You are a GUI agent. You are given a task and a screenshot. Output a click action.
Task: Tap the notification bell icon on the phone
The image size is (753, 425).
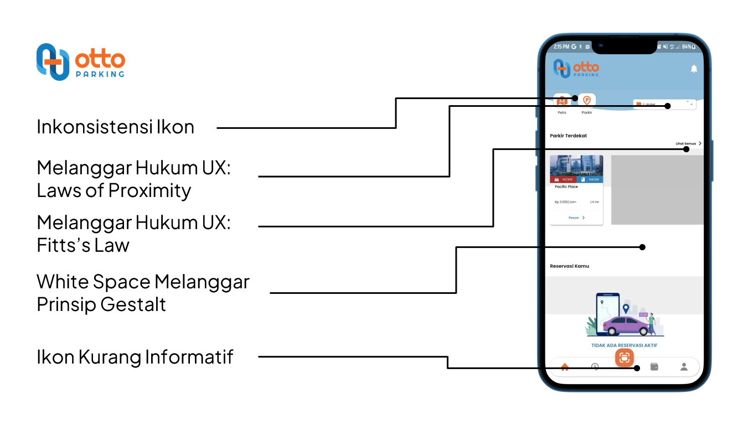click(x=694, y=69)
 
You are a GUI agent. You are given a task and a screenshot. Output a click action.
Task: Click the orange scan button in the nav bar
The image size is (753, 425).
click(x=625, y=357)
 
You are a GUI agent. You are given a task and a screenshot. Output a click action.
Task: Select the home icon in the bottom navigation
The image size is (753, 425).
click(x=565, y=367)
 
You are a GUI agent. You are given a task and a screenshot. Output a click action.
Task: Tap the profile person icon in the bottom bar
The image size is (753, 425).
click(x=684, y=366)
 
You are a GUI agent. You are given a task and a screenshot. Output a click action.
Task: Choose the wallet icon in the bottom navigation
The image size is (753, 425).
click(x=654, y=366)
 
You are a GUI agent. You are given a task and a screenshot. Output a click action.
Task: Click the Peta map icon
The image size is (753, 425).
click(x=562, y=101)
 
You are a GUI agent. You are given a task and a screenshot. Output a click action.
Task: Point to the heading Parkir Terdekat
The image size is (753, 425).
click(x=568, y=136)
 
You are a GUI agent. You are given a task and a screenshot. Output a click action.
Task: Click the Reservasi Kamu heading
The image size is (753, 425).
click(x=569, y=266)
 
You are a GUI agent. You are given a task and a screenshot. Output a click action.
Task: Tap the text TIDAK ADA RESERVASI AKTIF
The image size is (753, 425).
click(x=624, y=346)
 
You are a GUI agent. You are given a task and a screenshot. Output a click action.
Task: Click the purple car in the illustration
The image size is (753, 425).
click(x=625, y=326)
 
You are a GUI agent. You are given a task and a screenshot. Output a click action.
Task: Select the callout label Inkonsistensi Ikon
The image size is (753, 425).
click(x=115, y=127)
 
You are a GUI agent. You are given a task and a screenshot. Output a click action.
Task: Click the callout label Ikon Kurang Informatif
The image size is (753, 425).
click(x=135, y=357)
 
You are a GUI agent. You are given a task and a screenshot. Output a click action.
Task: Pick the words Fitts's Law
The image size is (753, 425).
click(x=83, y=245)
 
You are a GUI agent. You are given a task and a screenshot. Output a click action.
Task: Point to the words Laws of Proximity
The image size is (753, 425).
click(x=114, y=190)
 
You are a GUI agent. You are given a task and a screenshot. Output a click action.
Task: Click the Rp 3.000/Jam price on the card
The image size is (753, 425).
click(x=565, y=202)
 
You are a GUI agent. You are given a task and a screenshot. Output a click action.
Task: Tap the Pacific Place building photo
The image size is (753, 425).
click(x=576, y=165)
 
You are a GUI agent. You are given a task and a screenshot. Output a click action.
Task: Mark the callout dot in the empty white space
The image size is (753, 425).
click(x=642, y=247)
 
